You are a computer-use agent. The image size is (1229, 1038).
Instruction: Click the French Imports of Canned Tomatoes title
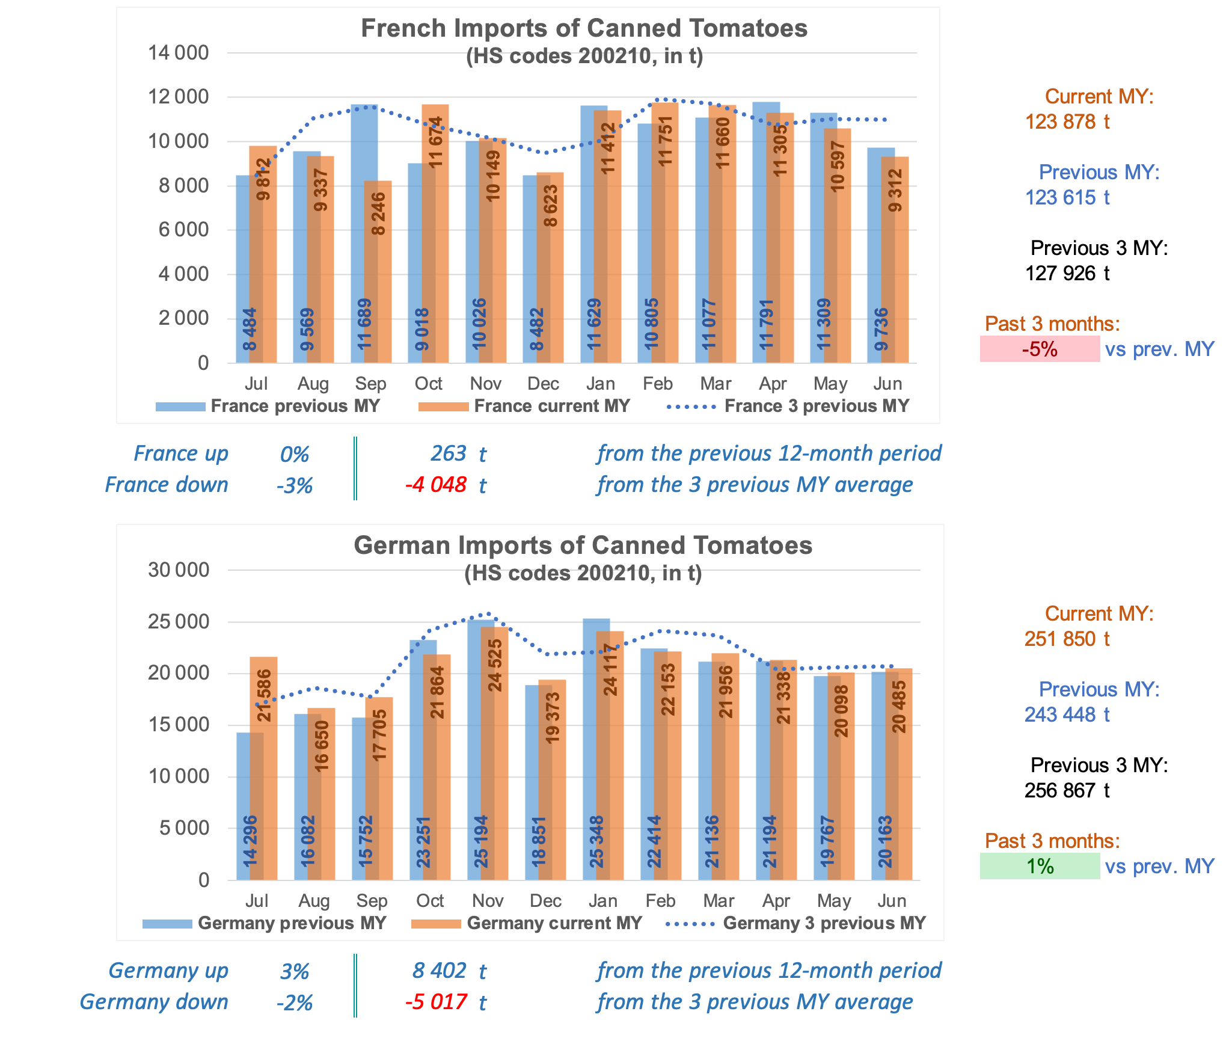point(584,28)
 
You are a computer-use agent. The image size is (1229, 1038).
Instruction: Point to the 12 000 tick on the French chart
point(178,97)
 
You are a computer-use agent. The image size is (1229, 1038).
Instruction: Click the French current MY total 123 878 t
point(1067,122)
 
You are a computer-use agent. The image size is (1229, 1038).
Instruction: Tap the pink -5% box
point(1040,349)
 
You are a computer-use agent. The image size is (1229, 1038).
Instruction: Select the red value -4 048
point(436,485)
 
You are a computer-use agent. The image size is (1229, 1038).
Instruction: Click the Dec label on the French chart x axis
point(543,384)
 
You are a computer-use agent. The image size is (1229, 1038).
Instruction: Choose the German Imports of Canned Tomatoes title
point(583,545)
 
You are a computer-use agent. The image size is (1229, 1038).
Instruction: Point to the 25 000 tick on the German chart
point(178,622)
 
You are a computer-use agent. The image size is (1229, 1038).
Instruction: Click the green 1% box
point(1040,867)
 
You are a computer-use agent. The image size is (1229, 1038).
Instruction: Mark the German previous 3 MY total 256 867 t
point(1067,791)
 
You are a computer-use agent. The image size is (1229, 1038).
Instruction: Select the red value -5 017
point(436,1002)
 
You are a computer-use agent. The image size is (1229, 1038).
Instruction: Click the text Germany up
point(168,971)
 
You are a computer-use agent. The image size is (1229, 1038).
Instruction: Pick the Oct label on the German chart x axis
point(430,901)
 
